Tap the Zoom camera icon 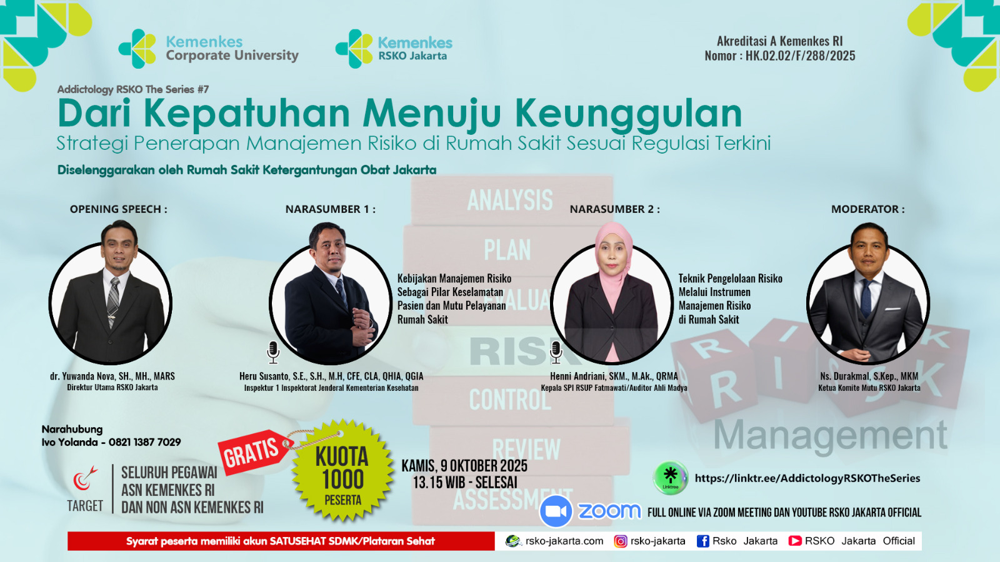click(556, 511)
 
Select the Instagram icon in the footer click(620, 541)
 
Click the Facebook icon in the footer click(702, 541)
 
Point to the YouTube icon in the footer click(794, 541)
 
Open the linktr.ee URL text click(807, 478)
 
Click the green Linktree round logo click(670, 478)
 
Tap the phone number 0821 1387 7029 click(144, 442)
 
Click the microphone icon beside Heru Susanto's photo click(272, 352)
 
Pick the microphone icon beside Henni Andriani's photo click(556, 352)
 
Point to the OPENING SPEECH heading click(118, 209)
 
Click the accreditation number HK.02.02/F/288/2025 click(800, 56)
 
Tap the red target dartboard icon click(84, 478)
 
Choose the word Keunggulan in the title click(629, 114)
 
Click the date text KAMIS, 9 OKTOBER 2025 click(464, 466)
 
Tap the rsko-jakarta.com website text click(564, 541)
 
